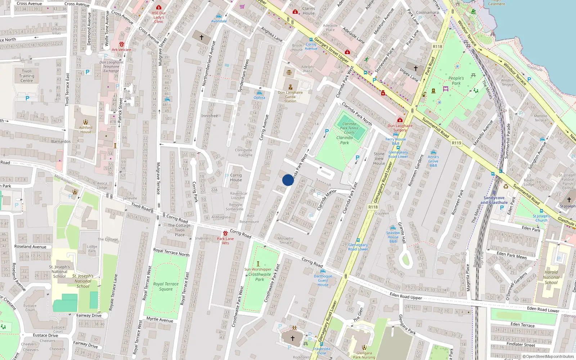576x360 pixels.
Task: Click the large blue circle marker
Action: [288, 180]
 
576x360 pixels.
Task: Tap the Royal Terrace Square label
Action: [166, 286]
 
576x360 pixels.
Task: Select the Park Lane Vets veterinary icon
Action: [225, 233]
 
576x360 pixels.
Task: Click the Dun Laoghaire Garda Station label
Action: [290, 96]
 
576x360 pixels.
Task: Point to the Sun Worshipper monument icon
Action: [258, 264]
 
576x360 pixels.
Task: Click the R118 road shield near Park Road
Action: [437, 46]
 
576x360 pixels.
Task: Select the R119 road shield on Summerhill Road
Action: [456, 143]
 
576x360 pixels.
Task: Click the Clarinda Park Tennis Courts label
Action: [349, 128]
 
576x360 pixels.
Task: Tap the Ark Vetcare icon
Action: [122, 44]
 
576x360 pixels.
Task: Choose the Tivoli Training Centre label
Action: [27, 76]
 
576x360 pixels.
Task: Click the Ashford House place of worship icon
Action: [86, 122]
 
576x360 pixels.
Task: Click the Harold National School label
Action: [551, 277]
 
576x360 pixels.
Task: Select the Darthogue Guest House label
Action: [323, 280]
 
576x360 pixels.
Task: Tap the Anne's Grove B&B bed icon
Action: [433, 152]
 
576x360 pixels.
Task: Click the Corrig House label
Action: [236, 177]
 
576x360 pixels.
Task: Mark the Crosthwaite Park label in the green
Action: [260, 276]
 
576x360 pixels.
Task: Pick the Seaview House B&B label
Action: [393, 237]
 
